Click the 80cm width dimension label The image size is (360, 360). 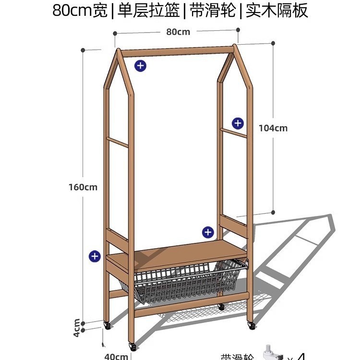(178, 32)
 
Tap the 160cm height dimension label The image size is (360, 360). (83, 187)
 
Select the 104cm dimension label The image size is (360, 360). (273, 128)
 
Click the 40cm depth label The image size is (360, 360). (116, 356)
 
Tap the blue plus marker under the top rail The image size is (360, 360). (140, 66)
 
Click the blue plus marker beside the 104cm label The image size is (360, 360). (238, 123)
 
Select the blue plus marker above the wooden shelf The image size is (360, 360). (207, 232)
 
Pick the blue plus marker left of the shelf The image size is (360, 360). (95, 256)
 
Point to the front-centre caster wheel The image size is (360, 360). (132, 346)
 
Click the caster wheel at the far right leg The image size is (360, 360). (251, 325)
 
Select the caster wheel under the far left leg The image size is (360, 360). (108, 325)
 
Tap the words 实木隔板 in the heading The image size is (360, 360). (277, 11)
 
